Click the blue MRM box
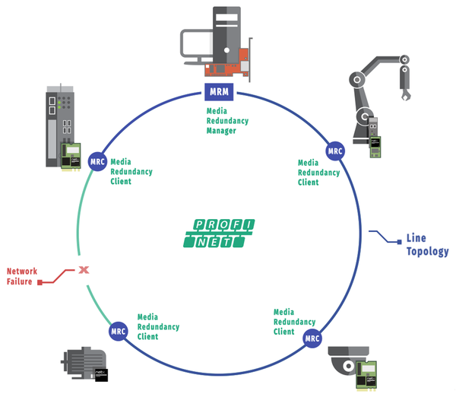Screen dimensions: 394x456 click(x=220, y=94)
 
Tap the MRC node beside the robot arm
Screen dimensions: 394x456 click(x=335, y=151)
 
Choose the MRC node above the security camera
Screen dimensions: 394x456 click(x=312, y=338)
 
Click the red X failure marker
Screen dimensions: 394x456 click(x=84, y=268)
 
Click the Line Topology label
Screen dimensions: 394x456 click(x=427, y=244)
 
